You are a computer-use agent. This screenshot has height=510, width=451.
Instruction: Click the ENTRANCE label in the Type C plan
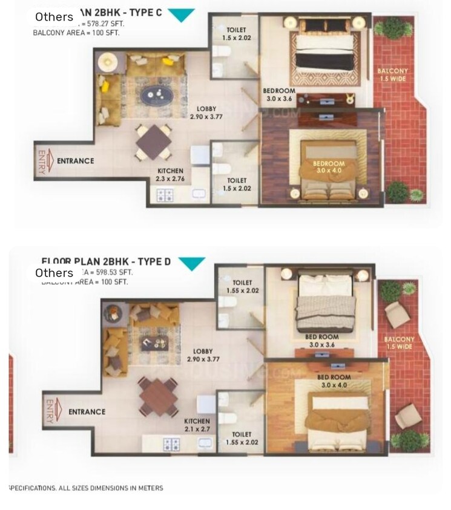[75, 161]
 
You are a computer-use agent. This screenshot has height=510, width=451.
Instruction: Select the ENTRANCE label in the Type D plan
[87, 412]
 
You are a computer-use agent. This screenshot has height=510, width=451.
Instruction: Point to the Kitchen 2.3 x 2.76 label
[170, 175]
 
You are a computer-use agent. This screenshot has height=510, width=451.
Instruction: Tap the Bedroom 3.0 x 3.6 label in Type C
[278, 95]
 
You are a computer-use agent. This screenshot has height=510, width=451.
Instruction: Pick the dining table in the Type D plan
[157, 396]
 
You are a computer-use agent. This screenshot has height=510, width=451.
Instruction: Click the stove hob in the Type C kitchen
[165, 195]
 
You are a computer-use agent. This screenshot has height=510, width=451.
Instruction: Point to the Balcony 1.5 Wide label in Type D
[399, 343]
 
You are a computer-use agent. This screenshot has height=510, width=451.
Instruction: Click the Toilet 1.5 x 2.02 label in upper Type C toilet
[235, 33]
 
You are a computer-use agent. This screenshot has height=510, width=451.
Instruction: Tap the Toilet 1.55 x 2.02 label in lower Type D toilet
[245, 439]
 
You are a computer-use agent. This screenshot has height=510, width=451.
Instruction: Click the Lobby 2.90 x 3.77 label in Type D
[203, 355]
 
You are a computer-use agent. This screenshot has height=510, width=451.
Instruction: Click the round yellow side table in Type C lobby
[108, 61]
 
